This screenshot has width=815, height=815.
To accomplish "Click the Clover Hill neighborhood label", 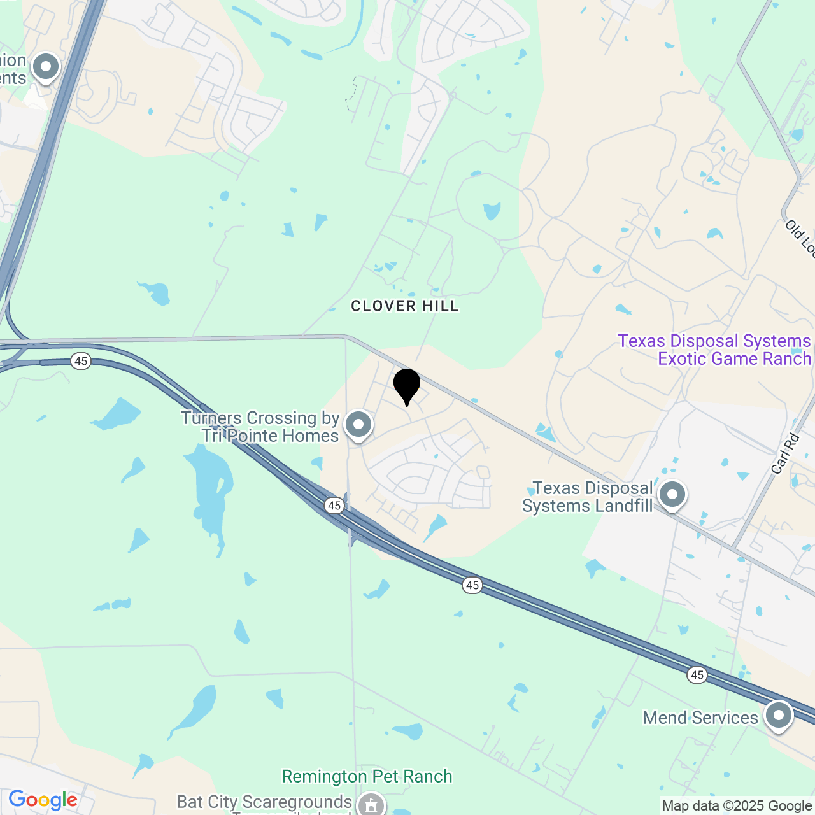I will click(405, 306).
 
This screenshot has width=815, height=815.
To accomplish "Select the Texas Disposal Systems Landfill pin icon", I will click(672, 495).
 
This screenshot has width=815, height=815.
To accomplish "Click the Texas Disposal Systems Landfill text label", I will click(588, 497).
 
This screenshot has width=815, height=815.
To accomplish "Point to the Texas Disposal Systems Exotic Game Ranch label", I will click(714, 350).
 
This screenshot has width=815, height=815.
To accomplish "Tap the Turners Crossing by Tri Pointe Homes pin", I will click(358, 425).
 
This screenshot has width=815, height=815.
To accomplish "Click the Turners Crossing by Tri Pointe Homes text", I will click(261, 427).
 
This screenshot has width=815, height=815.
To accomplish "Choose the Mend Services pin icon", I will click(779, 715).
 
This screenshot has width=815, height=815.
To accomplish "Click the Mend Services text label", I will click(700, 718).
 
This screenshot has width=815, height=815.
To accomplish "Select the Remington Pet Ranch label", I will click(367, 777).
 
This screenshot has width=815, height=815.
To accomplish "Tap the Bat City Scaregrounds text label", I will click(264, 802).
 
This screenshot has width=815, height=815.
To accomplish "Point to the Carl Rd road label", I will click(784, 454).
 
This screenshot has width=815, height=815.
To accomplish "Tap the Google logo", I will click(43, 800).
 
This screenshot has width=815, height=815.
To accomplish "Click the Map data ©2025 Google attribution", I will click(737, 806).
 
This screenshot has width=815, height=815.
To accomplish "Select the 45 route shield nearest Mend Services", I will click(697, 675).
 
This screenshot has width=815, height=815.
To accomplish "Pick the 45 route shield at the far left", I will click(80, 362).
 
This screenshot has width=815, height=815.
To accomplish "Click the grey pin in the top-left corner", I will click(46, 67).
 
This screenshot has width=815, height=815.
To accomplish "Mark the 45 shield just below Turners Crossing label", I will click(334, 506).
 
